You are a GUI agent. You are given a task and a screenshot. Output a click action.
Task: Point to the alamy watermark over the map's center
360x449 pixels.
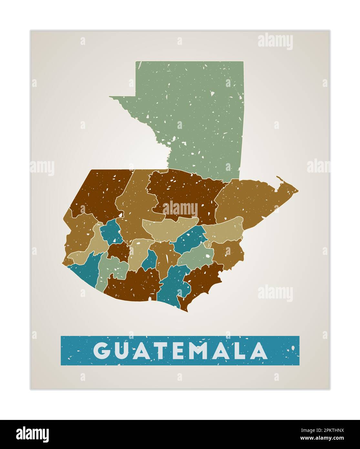pyautogui.click(x=180, y=209)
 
